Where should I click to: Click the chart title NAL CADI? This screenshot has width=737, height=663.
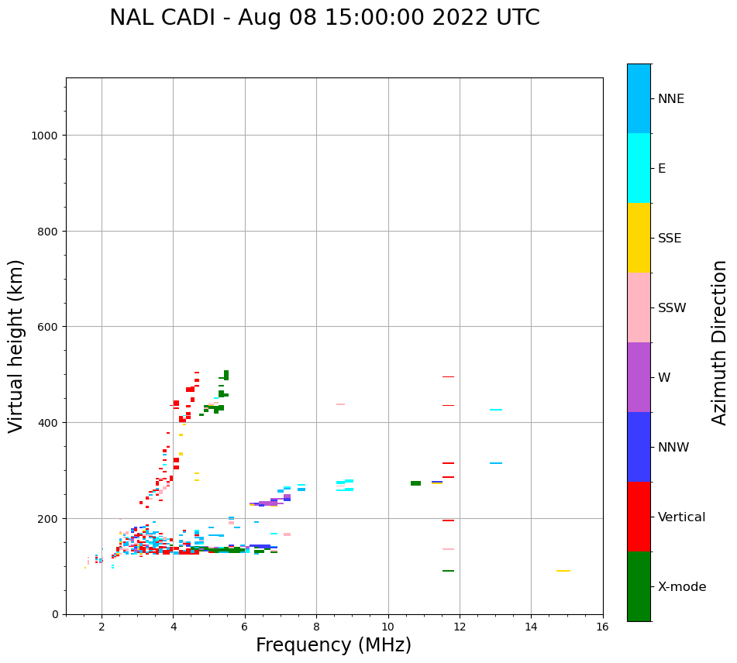pyautogui.click(x=324, y=18)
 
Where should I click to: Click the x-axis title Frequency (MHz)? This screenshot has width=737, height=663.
pyautogui.click(x=333, y=645)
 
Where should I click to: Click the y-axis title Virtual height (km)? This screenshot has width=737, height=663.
pyautogui.click(x=16, y=345)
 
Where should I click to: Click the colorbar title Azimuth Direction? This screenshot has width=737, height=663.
pyautogui.click(x=720, y=342)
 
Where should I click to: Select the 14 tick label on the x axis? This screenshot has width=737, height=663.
pyautogui.click(x=531, y=627)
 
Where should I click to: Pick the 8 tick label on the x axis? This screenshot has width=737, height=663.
pyautogui.click(x=316, y=627)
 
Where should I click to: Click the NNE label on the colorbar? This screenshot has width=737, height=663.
pyautogui.click(x=671, y=99)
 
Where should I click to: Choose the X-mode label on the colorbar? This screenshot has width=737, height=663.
pyautogui.click(x=682, y=587)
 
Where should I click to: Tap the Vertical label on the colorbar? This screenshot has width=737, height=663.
pyautogui.click(x=681, y=517)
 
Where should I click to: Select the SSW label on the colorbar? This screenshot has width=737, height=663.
pyautogui.click(x=672, y=308)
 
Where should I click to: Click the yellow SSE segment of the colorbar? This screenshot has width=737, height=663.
pyautogui.click(x=639, y=238)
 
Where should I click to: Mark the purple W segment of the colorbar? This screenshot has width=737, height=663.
pyautogui.click(x=639, y=377)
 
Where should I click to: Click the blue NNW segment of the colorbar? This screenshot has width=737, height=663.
pyautogui.click(x=639, y=447)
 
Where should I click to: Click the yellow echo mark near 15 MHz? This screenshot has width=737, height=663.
pyautogui.click(x=563, y=571)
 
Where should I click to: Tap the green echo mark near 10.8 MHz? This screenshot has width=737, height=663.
pyautogui.click(x=416, y=483)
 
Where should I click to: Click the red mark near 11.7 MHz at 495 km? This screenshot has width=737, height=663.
pyautogui.click(x=448, y=376)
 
